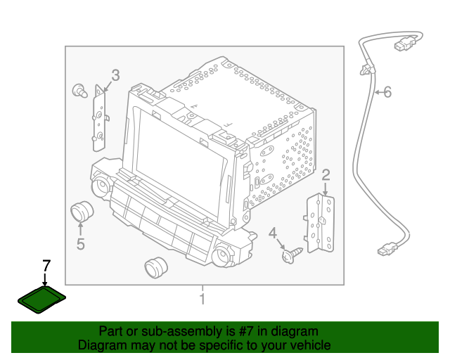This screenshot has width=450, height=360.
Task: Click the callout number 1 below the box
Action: pyautogui.click(x=202, y=299)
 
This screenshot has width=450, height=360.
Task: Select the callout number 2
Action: pyautogui.click(x=326, y=175)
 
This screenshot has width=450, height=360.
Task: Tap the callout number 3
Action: pyautogui.click(x=115, y=75)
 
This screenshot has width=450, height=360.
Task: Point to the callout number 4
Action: pyautogui.click(x=273, y=233)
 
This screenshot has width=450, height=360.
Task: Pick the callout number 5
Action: pyautogui.click(x=81, y=244)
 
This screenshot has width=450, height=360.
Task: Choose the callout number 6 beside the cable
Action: pyautogui.click(x=387, y=92)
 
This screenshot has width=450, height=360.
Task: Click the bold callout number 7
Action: pyautogui.click(x=46, y=266)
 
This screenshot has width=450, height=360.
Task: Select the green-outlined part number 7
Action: pyautogui.click(x=42, y=300)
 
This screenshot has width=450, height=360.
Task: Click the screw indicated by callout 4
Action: pyautogui.click(x=292, y=255)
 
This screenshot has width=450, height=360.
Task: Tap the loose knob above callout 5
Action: pyautogui.click(x=82, y=212)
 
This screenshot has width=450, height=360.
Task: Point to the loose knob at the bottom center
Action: pyautogui.click(x=156, y=268)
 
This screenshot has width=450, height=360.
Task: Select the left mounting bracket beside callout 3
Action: pyautogui.click(x=100, y=118)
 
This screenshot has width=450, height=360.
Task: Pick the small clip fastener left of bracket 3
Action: pyautogui.click(x=79, y=91)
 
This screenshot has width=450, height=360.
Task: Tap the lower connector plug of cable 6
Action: pyautogui.click(x=387, y=249)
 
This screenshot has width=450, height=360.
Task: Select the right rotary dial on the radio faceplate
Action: pyautogui.click(x=222, y=255)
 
